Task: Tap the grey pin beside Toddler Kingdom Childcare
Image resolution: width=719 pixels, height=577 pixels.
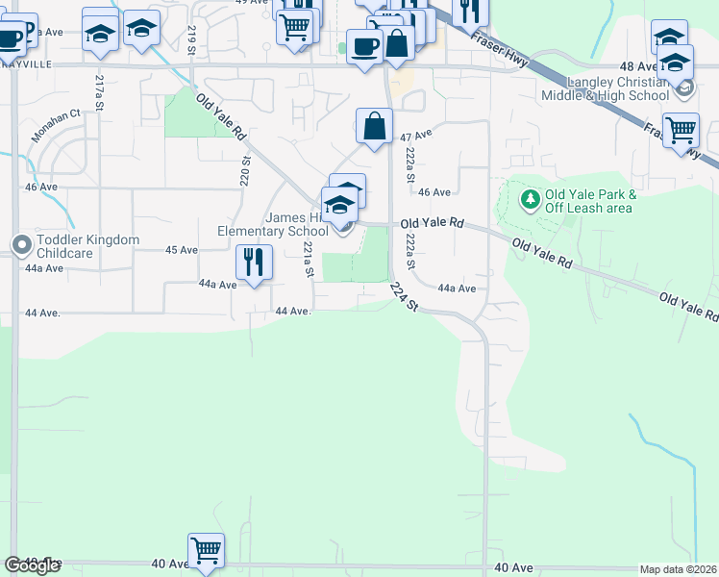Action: coord(19,245)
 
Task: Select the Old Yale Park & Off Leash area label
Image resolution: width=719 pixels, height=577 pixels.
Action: coord(588,200)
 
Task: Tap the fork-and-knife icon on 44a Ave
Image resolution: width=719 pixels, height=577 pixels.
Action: coord(254,261)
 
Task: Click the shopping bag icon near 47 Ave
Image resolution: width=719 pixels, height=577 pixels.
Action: coord(374,125)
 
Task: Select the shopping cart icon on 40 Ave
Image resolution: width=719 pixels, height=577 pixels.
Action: coord(206,551)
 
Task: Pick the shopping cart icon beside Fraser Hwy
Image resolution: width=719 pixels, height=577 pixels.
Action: coord(681,129)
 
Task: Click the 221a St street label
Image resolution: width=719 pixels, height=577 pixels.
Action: coord(309,261)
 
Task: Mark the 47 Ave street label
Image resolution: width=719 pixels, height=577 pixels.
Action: coord(413,138)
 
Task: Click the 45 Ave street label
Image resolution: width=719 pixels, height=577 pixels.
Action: coord(182,250)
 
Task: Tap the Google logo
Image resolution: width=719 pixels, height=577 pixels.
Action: coord(32,565)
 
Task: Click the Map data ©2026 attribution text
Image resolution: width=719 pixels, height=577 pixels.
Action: coord(678,569)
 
